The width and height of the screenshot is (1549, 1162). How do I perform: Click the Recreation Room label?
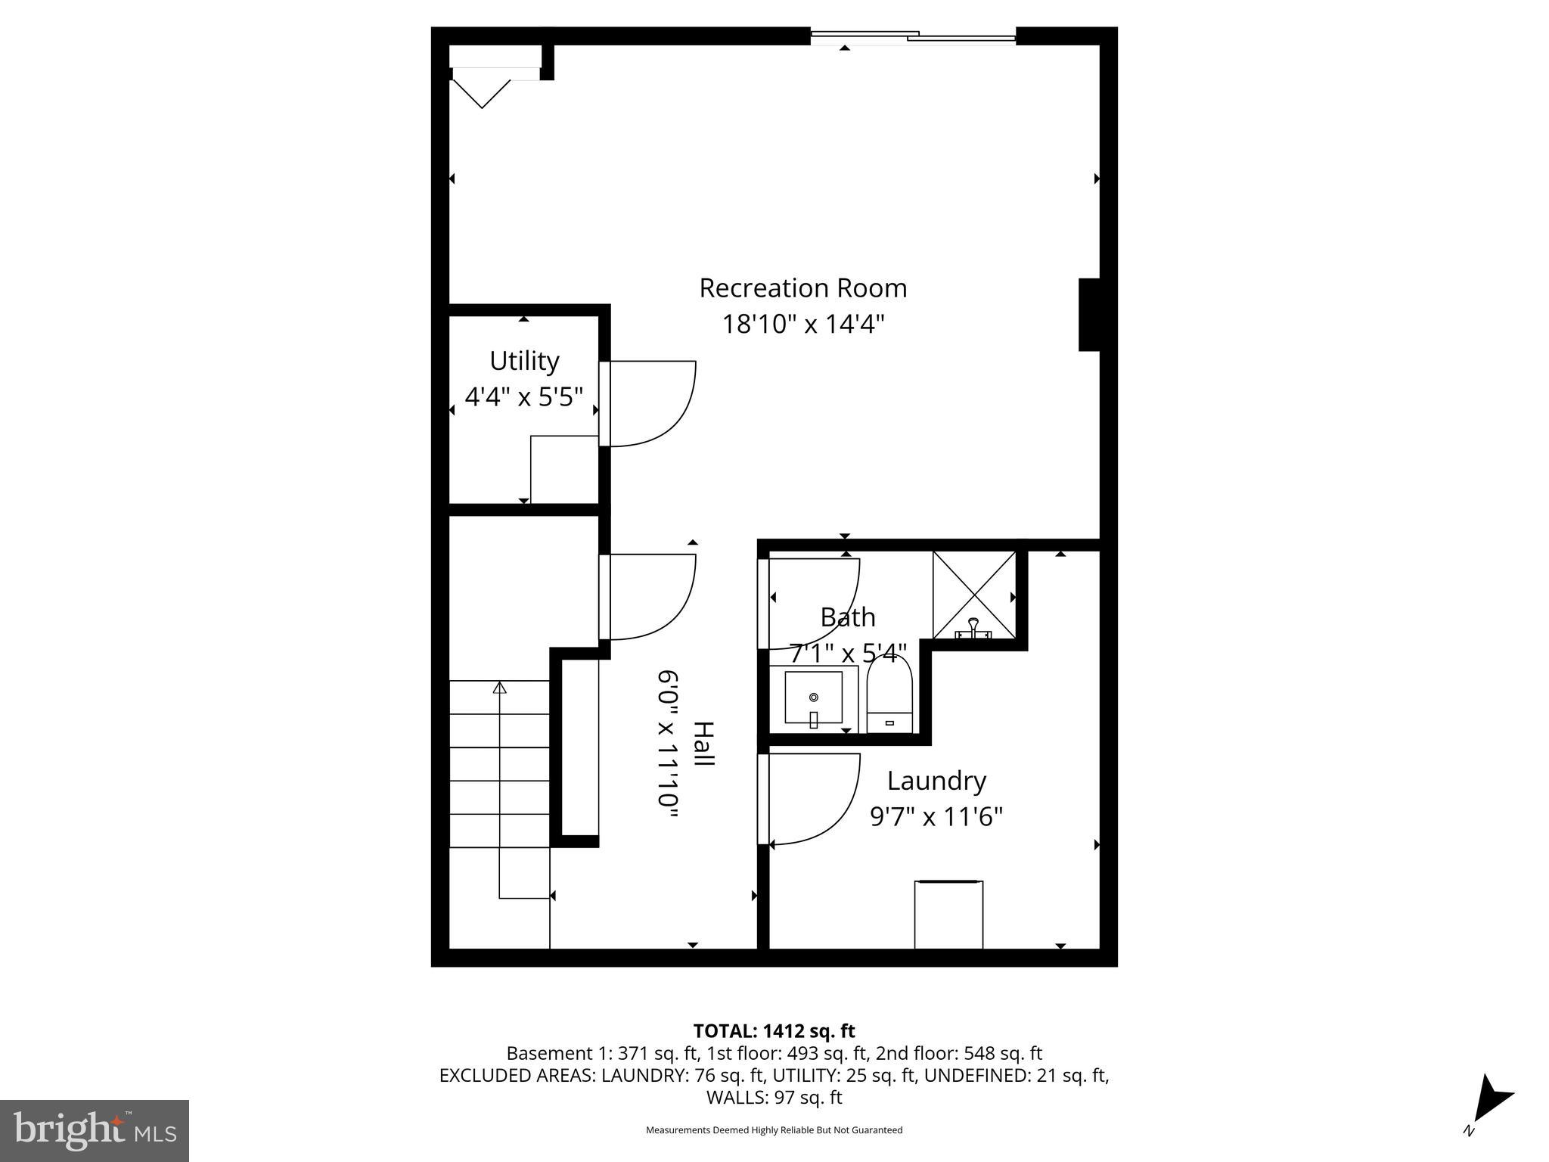(x=802, y=288)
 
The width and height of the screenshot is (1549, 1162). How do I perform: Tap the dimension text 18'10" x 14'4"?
(x=802, y=325)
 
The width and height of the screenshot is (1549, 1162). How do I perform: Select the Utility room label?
(x=524, y=361)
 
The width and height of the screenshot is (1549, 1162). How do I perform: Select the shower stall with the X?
(x=974, y=595)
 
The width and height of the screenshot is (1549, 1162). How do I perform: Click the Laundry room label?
(x=936, y=781)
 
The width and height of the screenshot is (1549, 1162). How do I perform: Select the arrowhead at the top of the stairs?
(x=499, y=688)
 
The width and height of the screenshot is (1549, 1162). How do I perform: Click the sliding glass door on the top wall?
(x=913, y=36)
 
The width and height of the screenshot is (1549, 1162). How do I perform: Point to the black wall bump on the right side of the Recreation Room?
(x=1088, y=315)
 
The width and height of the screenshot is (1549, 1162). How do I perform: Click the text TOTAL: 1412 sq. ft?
(x=774, y=1031)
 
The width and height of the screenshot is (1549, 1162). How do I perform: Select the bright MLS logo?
(x=95, y=1130)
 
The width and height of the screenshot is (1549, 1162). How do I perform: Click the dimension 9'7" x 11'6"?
(x=936, y=817)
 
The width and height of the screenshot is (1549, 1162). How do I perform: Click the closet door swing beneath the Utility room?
(x=651, y=597)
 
